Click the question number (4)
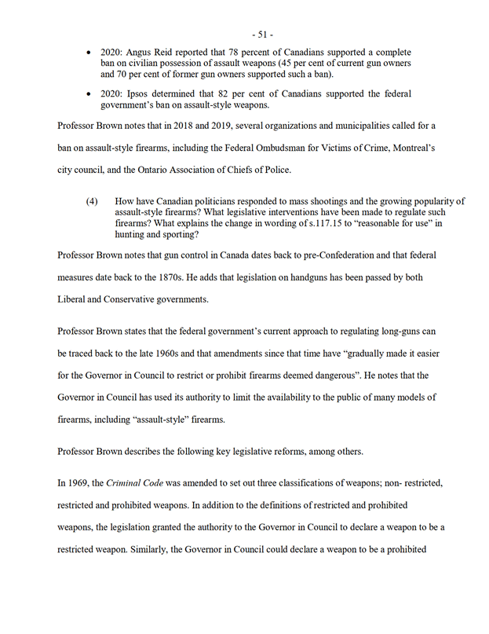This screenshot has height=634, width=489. [92, 202]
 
